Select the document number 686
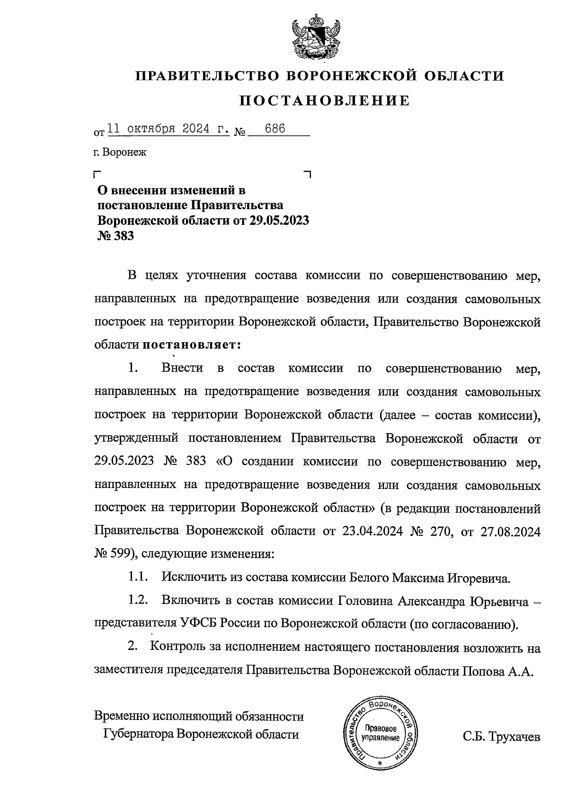[275, 129]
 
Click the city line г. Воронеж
[120, 152]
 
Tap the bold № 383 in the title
[115, 236]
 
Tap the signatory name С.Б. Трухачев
[502, 737]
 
